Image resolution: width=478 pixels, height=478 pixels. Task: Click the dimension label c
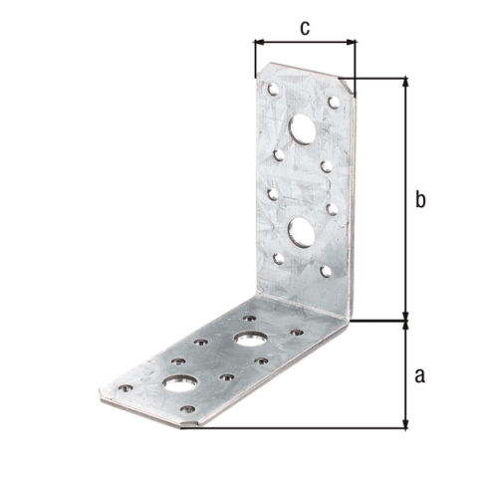click(x=305, y=28)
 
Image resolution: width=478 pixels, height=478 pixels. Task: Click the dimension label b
click(x=420, y=200)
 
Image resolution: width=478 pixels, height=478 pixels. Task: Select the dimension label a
click(x=420, y=376)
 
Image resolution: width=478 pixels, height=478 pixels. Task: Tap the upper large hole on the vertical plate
click(x=302, y=129)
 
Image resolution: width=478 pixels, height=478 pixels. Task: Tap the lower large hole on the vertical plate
click(x=302, y=233)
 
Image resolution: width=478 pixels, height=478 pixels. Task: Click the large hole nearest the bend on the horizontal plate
click(x=251, y=340)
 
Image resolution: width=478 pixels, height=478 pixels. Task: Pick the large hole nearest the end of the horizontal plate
click(x=180, y=384)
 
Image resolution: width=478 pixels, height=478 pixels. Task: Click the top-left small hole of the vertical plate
click(x=273, y=90)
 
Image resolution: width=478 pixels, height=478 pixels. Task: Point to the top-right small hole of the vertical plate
click(x=334, y=103)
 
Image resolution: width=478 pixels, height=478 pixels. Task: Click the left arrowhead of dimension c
click(x=259, y=42)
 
